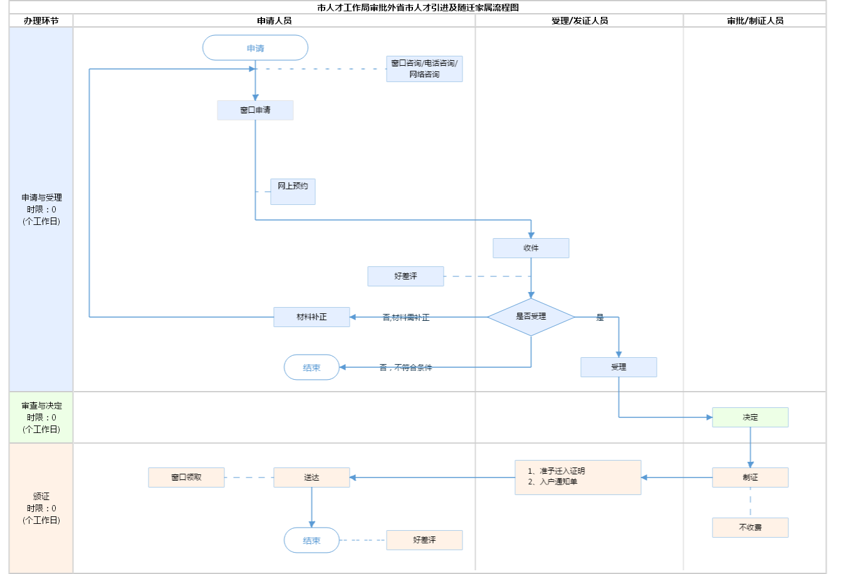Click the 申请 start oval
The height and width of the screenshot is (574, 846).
point(255,48)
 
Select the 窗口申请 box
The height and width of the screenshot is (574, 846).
point(255,110)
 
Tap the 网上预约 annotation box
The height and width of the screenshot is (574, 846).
point(293,191)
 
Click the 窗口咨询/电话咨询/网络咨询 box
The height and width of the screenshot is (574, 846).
point(424,69)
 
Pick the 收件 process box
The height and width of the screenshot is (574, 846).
point(531,248)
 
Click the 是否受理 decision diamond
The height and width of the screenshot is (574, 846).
point(531,317)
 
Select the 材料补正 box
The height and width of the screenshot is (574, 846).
point(311,317)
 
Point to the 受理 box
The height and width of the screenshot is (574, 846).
point(619,367)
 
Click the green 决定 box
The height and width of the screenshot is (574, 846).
point(750,417)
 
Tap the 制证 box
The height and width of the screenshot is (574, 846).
point(750,477)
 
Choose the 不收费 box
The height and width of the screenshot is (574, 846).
point(750,528)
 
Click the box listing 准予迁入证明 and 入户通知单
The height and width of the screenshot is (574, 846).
point(578,477)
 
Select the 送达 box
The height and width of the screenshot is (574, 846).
point(311,477)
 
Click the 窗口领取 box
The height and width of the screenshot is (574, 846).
point(186,477)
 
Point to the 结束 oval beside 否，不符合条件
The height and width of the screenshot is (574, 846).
point(311,368)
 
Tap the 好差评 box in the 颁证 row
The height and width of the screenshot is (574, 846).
point(424,540)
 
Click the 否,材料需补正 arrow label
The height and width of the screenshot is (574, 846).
point(406,318)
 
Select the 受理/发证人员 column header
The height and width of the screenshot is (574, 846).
point(579,21)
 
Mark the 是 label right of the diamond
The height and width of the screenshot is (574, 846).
point(600,318)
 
